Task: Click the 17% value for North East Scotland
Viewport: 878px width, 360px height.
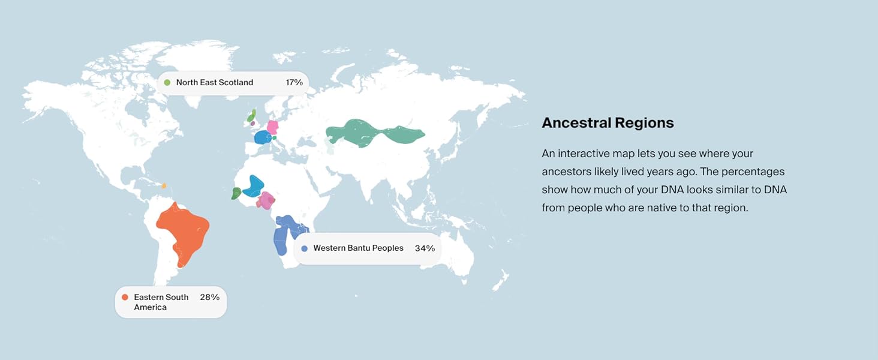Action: [294, 82]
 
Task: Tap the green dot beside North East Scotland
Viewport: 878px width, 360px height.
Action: [167, 82]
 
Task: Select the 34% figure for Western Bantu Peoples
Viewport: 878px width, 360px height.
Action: [425, 248]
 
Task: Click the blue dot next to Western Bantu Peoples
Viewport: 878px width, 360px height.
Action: [305, 248]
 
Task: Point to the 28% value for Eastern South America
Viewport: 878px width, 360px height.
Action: [209, 297]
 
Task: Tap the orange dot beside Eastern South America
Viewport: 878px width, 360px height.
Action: [125, 297]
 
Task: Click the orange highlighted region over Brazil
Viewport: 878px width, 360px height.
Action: [181, 231]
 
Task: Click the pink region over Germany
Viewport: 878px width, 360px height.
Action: [273, 127]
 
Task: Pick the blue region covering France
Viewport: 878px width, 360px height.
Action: [262, 138]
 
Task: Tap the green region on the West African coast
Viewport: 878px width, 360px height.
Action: [236, 193]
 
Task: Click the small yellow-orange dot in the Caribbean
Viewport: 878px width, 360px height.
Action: [164, 186]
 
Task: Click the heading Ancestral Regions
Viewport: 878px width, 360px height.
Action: [608, 123]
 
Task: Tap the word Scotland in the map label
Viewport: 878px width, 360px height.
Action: [236, 82]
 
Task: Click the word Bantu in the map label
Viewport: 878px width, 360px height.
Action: [360, 248]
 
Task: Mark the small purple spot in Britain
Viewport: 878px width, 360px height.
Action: [252, 124]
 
